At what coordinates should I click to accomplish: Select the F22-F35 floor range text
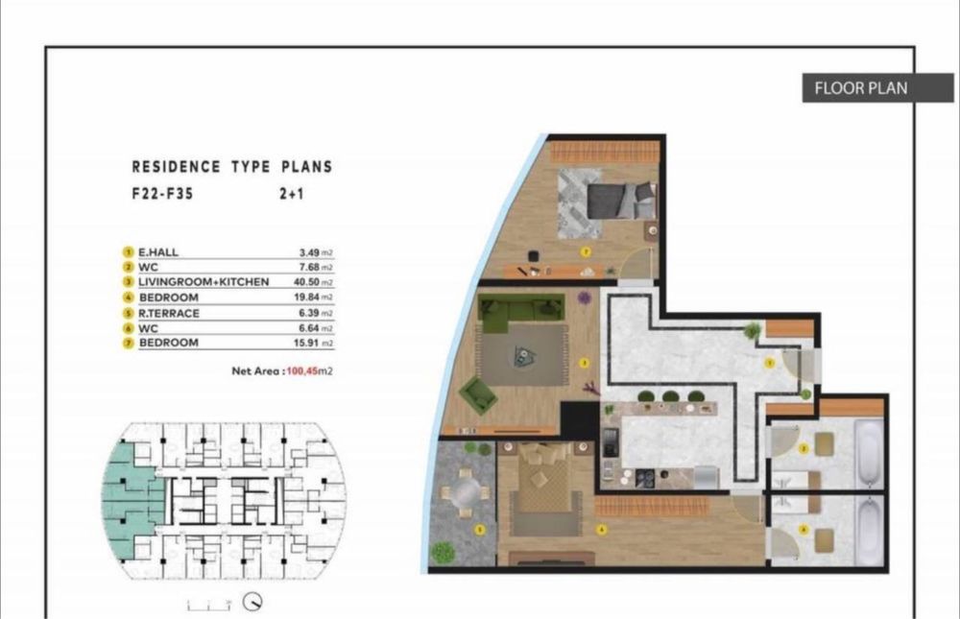point(159,192)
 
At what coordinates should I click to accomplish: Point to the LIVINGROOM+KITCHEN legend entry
point(204,282)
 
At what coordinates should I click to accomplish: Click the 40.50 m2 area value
point(313,282)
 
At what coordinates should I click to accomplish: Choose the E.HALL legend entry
point(158,252)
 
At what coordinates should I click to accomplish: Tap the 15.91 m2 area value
point(313,343)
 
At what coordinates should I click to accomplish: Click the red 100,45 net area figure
point(301,369)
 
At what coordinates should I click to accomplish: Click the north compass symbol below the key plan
point(254,602)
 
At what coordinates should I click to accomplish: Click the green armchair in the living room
point(477,393)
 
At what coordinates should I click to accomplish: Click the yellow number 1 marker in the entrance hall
point(768,364)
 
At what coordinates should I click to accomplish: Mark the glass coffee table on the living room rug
point(524,356)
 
